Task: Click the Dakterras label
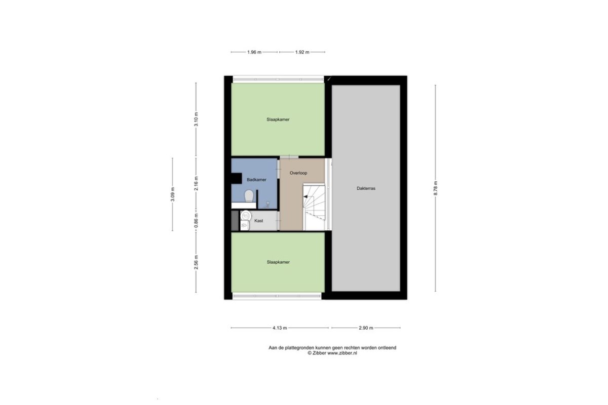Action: click(x=366, y=188)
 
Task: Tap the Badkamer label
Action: click(x=256, y=180)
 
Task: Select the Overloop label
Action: click(x=298, y=173)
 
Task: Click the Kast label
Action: click(x=259, y=221)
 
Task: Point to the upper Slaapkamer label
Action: click(x=278, y=119)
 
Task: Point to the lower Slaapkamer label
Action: click(x=278, y=262)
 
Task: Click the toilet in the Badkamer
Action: click(x=249, y=196)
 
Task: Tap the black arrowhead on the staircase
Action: click(x=306, y=196)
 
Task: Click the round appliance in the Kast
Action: click(x=246, y=216)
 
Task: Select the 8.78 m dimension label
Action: click(x=435, y=188)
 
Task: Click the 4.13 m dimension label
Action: click(x=280, y=328)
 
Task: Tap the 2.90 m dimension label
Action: click(x=366, y=328)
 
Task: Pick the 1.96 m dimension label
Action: click(x=254, y=52)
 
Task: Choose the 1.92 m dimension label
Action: click(x=302, y=52)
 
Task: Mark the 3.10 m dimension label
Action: click(x=196, y=119)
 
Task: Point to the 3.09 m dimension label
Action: click(x=173, y=194)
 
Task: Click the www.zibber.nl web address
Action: click(x=343, y=353)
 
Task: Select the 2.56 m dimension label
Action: click(x=196, y=262)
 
